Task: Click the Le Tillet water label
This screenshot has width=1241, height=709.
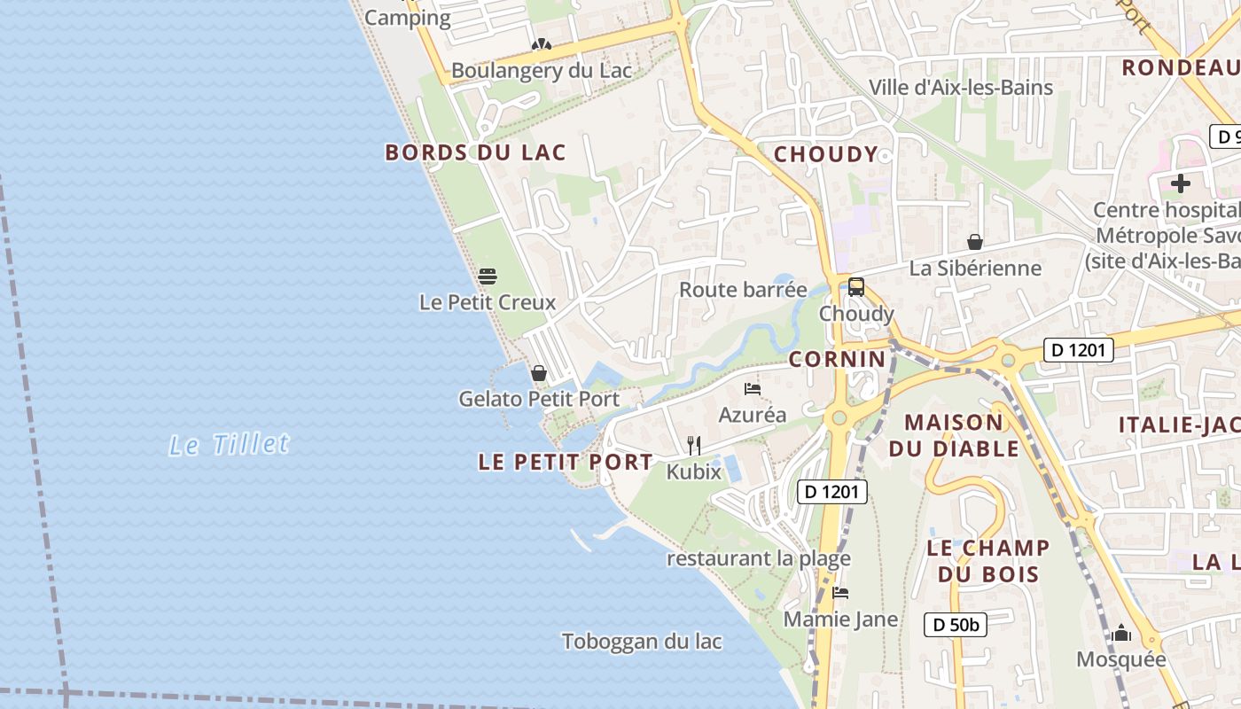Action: click(230, 444)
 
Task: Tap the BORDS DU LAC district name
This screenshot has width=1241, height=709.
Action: click(475, 152)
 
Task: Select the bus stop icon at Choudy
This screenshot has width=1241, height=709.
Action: click(855, 287)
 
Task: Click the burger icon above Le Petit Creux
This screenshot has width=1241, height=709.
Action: click(487, 276)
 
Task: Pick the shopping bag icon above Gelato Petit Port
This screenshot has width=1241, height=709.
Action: click(538, 373)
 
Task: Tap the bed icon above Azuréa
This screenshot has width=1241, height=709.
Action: click(753, 388)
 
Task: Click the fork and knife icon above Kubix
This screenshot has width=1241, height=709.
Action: click(694, 445)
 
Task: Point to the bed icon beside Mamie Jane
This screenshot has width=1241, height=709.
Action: click(840, 592)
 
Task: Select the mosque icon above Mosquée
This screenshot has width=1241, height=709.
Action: click(1121, 633)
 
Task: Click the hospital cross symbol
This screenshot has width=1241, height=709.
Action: click(1180, 184)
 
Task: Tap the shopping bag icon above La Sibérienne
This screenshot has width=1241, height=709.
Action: click(975, 242)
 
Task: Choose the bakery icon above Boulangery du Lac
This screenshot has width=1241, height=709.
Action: click(541, 44)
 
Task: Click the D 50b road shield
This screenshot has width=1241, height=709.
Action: click(956, 625)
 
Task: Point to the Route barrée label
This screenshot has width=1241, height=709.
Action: click(743, 290)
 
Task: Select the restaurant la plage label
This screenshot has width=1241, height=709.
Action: click(759, 558)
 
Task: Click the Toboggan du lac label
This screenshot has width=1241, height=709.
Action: click(642, 642)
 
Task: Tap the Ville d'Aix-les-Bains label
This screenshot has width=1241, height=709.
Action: click(961, 87)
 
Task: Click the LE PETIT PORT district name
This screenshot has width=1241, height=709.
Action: click(566, 462)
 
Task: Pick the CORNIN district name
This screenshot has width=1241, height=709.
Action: click(837, 359)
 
